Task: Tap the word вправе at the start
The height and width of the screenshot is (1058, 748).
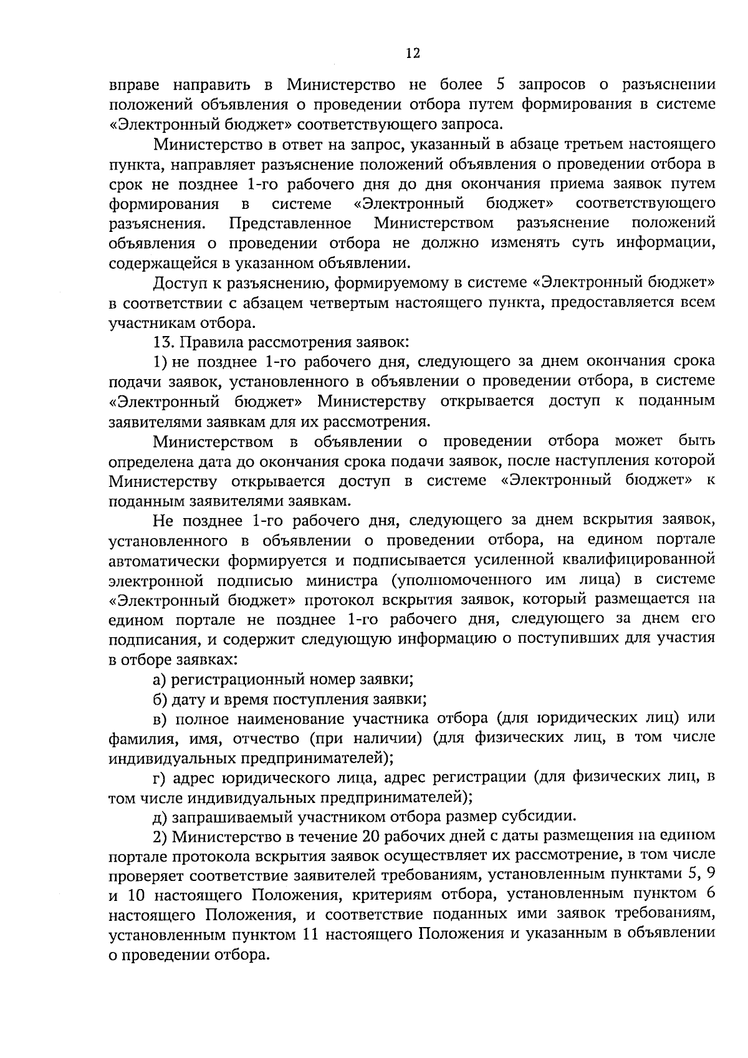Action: coord(134,85)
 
